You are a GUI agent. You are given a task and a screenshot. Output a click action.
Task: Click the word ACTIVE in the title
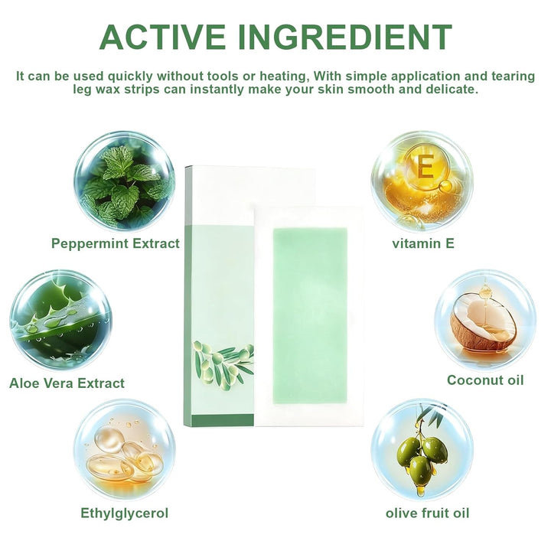tap(163, 37)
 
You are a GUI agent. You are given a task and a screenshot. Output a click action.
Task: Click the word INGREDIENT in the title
tap(345, 37)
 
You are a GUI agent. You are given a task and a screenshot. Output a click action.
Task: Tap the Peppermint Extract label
tap(116, 243)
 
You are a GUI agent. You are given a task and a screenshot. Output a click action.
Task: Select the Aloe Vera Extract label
tap(67, 383)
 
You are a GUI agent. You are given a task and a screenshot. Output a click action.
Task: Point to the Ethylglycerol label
tap(125, 514)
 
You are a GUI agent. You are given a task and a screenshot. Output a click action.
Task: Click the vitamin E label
tap(423, 243)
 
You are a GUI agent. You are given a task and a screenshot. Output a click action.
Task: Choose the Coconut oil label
tap(485, 380)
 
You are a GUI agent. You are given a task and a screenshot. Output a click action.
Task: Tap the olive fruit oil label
tap(427, 513)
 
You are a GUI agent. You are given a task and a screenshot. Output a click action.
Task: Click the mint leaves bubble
tap(125, 181)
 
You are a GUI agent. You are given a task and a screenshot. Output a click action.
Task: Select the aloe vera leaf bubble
tap(60, 320)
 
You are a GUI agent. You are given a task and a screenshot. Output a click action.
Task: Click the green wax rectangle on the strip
tap(310, 316)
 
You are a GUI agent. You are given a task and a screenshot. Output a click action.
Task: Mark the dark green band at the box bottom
tap(223, 421)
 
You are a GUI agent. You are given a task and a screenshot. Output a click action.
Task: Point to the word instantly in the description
tap(217, 90)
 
